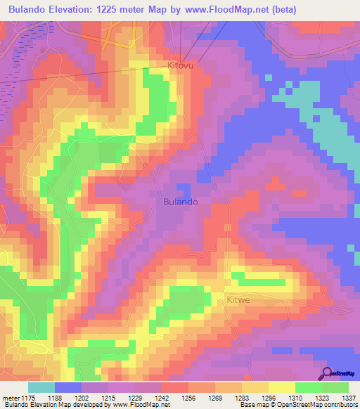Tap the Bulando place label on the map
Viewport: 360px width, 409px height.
(x=181, y=201)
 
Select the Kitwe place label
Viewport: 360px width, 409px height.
(x=238, y=300)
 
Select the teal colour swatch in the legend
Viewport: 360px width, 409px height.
(x=41, y=387)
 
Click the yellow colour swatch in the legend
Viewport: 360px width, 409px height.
(x=281, y=387)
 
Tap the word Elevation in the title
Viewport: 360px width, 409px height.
(x=80, y=10)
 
